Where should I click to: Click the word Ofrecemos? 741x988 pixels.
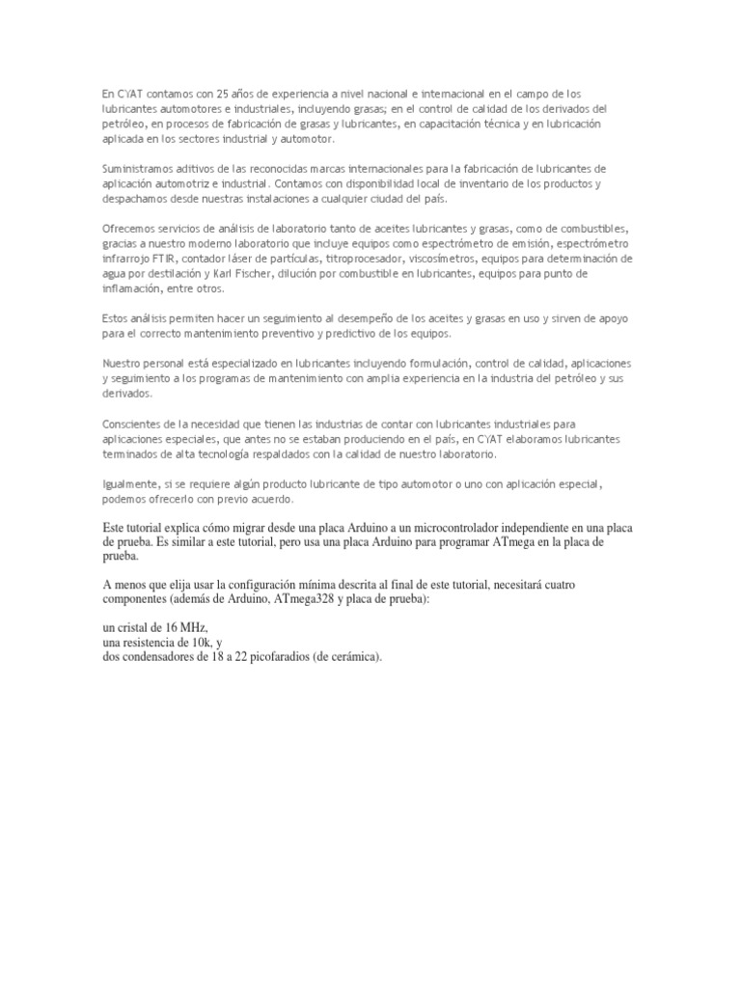127,229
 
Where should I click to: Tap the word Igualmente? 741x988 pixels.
129,483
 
